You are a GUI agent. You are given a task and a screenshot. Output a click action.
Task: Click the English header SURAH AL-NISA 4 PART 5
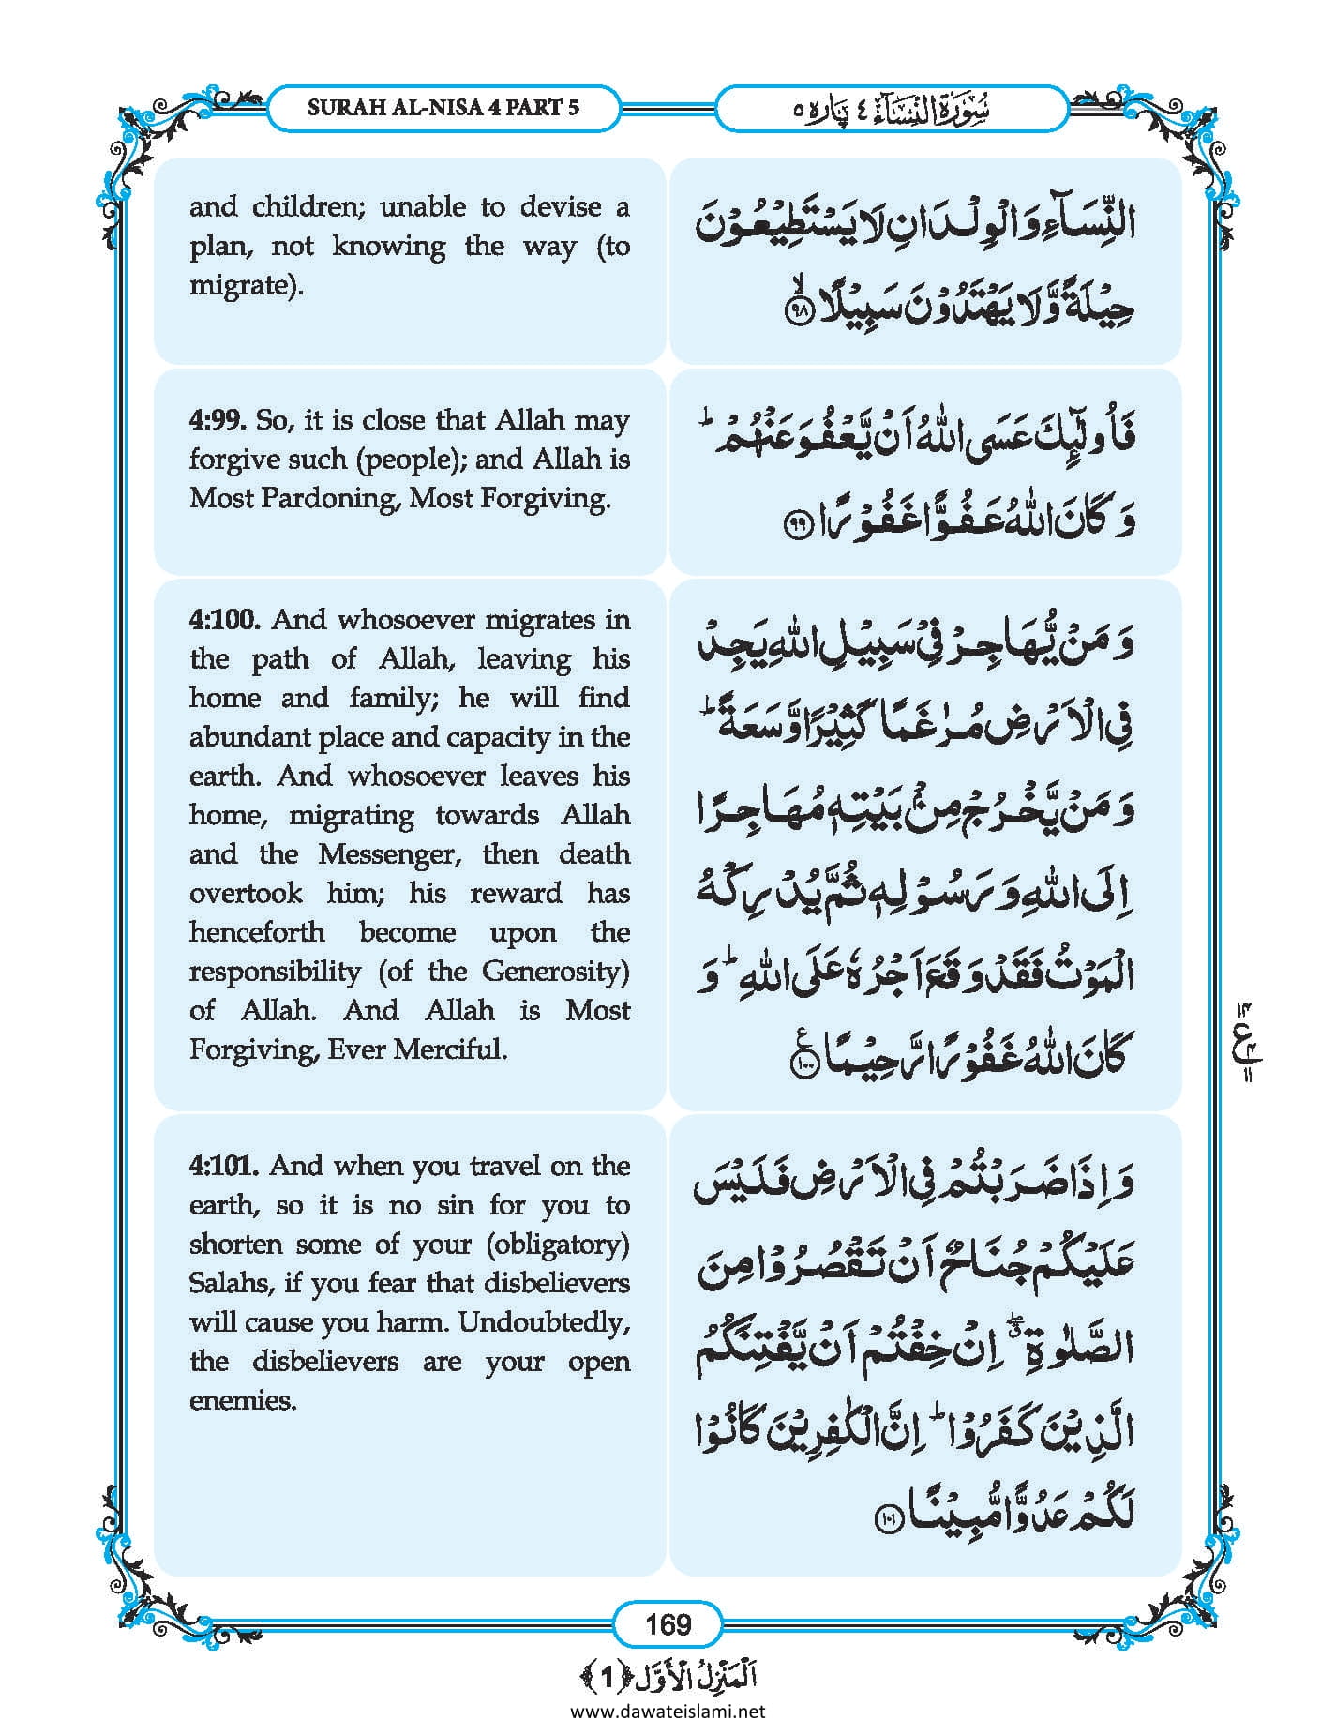(443, 107)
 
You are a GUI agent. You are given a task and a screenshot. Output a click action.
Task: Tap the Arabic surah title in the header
(892, 109)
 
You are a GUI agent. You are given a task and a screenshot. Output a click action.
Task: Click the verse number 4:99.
(217, 420)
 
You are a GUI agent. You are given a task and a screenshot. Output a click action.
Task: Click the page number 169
(668, 1623)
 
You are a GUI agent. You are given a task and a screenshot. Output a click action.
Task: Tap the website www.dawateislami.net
(668, 1711)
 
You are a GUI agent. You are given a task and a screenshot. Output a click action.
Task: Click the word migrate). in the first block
(247, 285)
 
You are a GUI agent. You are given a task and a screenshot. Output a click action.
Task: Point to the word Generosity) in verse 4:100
(555, 971)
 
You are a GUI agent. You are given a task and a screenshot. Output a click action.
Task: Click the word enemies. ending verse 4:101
(243, 1400)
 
